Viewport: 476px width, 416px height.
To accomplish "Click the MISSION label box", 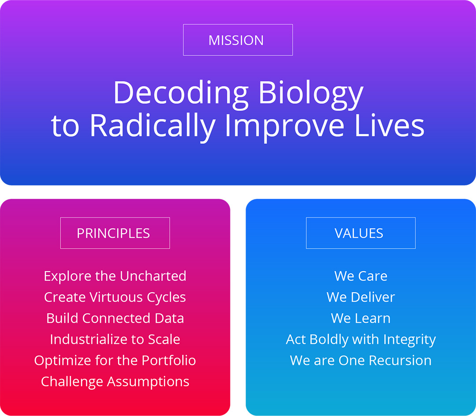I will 238,40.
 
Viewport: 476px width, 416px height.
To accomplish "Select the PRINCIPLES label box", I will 115,233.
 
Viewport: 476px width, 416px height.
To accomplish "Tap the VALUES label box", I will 361,233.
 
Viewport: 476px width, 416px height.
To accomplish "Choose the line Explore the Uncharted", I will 115,276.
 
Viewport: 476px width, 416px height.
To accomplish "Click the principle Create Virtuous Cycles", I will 115,297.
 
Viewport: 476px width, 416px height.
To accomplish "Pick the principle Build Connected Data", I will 115,318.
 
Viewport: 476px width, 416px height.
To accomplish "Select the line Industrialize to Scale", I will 115,339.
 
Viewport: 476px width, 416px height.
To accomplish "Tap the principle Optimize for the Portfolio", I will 115,361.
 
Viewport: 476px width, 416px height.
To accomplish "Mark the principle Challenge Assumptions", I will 115,382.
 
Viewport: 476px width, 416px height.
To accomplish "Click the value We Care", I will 361,276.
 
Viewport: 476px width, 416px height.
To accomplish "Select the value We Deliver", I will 361,297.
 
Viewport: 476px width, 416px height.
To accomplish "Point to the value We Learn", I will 361,318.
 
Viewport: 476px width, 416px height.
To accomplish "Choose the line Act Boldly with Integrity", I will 361,339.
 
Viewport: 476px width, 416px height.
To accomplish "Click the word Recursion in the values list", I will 400,361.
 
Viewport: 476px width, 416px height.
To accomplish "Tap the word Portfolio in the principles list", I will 169,361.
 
